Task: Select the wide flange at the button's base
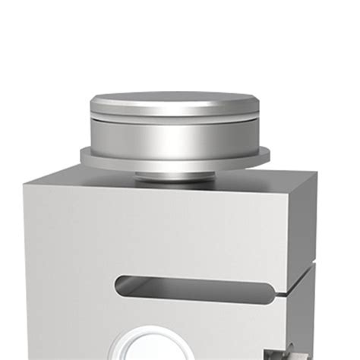[x=174, y=158]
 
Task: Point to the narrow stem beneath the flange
[x=174, y=176]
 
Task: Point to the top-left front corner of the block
[x=24, y=184]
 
